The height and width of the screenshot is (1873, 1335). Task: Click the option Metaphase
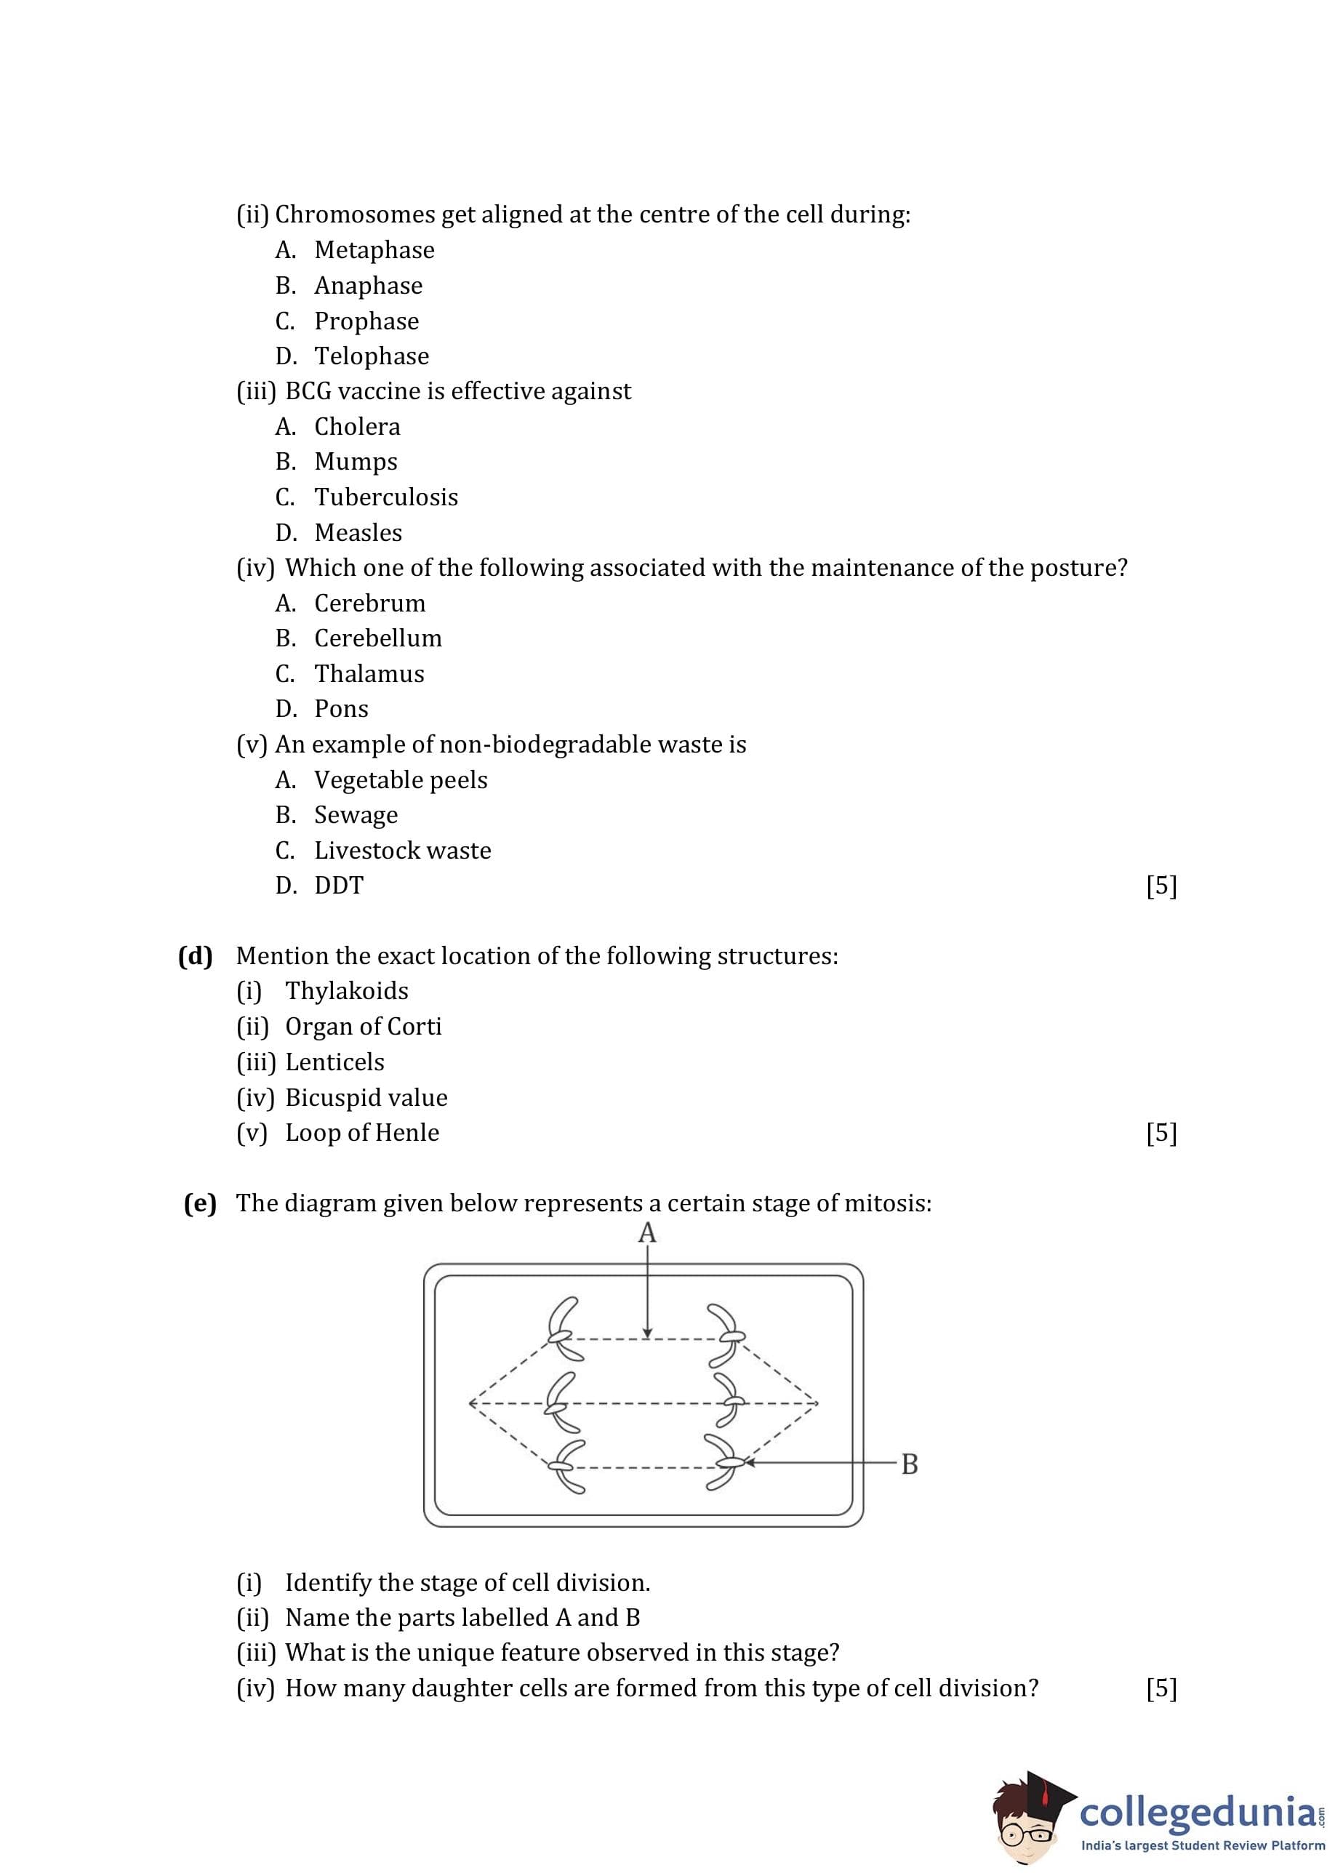click(374, 250)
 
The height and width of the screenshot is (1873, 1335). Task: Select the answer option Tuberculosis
click(385, 497)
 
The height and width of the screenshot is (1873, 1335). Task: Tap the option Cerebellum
click(377, 638)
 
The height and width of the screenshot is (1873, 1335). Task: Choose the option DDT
click(339, 886)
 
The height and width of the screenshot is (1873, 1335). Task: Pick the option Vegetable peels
click(401, 780)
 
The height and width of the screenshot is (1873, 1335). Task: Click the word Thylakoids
click(346, 991)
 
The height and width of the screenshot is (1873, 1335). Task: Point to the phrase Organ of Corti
click(363, 1027)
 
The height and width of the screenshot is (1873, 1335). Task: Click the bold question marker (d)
click(196, 956)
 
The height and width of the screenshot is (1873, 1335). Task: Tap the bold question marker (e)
click(200, 1204)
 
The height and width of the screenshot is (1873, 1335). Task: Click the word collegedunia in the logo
click(1196, 1812)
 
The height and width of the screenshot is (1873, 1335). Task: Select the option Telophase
click(372, 356)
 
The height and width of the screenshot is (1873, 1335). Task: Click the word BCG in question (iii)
click(308, 391)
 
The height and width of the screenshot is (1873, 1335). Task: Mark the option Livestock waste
click(402, 851)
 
